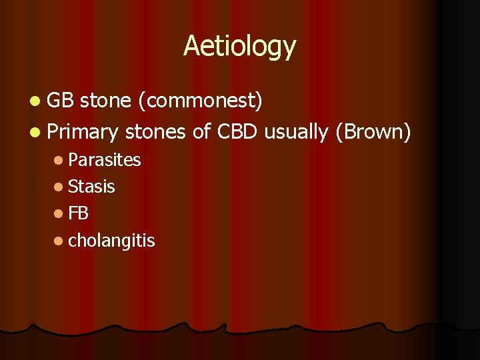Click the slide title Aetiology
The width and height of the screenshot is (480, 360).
(239, 46)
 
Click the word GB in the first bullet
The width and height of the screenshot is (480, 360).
(62, 100)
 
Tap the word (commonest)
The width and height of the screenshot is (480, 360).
(200, 101)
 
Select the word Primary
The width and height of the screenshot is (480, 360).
(83, 132)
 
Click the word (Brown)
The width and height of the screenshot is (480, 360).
(373, 132)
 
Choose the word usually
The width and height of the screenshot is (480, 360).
(296, 133)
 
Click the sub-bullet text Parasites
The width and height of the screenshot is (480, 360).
(104, 160)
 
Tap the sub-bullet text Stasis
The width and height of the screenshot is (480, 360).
(91, 187)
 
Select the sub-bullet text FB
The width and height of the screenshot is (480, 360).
(78, 213)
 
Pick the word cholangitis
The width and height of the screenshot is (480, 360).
(111, 241)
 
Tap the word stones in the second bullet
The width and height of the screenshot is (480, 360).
(155, 131)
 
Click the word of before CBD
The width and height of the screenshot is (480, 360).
(201, 131)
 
